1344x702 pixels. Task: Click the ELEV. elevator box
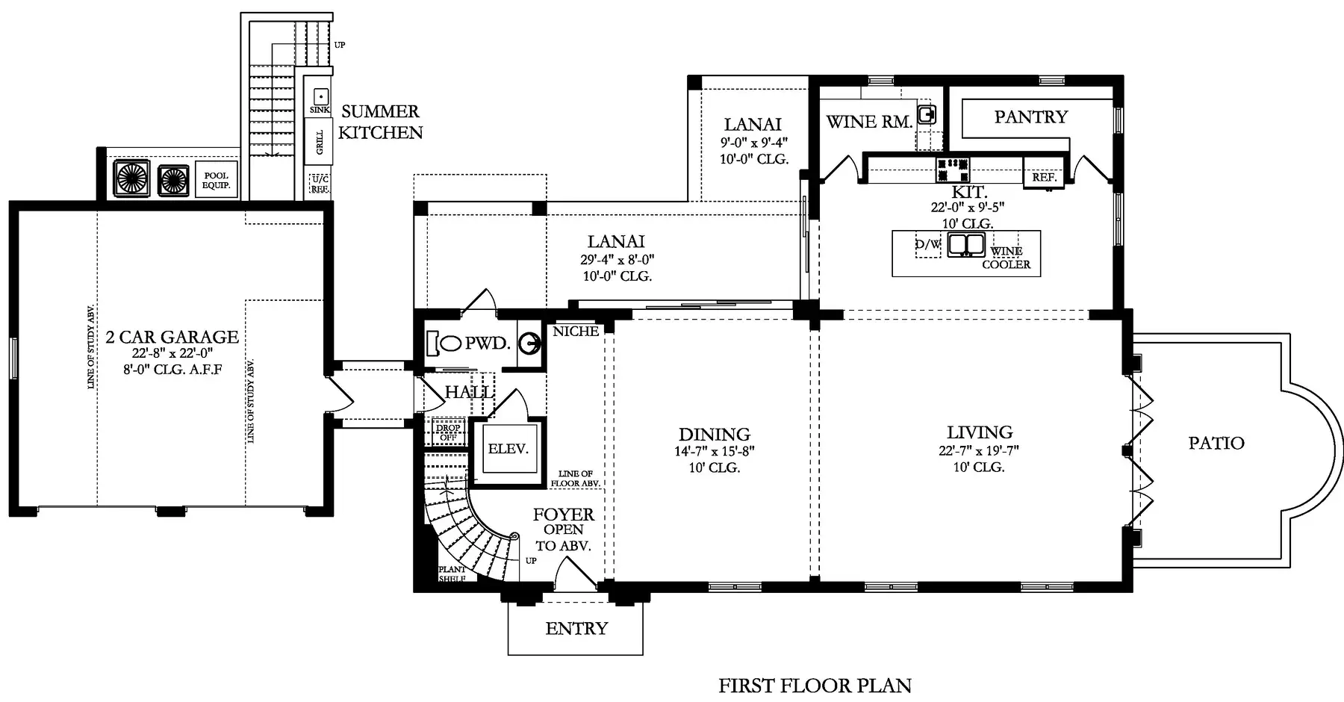tap(508, 449)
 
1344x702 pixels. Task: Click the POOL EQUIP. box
tap(216, 180)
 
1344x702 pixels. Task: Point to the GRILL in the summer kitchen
tap(320, 142)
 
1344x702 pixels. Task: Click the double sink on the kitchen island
tap(967, 245)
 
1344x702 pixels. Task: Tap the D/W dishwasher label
tap(928, 244)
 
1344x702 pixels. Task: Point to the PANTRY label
tap(1031, 117)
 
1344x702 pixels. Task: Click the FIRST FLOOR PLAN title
tap(815, 685)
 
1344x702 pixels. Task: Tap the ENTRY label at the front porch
tap(576, 629)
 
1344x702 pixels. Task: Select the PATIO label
tap(1216, 443)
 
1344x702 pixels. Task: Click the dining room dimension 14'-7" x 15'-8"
tap(715, 451)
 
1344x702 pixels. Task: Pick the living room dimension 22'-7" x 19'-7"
tap(979, 450)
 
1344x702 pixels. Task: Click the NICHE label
tap(576, 331)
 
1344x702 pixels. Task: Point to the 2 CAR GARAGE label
tap(172, 338)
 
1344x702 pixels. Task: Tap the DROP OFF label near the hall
tap(448, 433)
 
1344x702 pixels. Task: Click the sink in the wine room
tap(927, 115)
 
